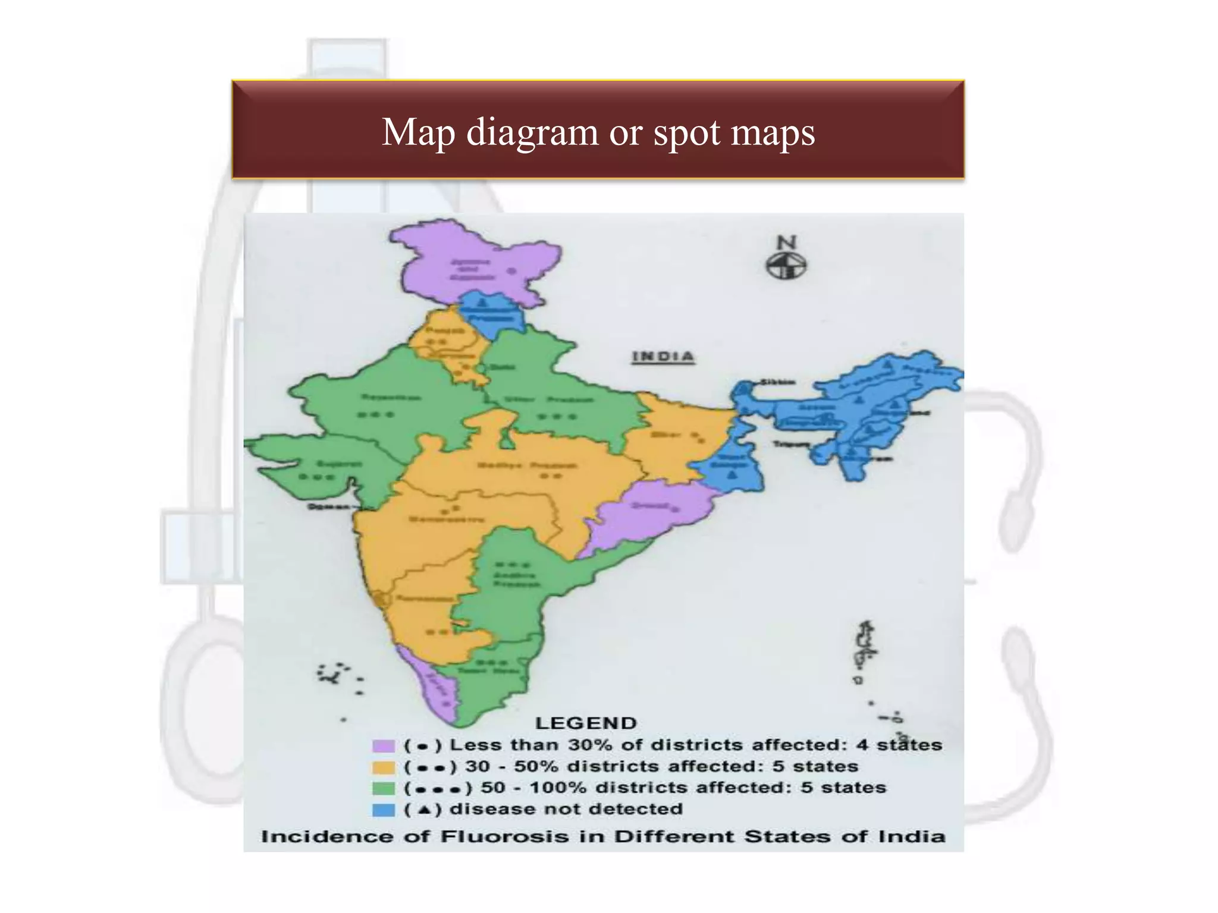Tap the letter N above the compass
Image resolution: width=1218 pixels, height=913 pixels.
tap(786, 243)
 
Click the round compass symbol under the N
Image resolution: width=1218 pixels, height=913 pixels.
tap(786, 266)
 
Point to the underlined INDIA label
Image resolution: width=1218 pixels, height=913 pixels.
tap(663, 357)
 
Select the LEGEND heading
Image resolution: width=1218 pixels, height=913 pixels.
tap(586, 723)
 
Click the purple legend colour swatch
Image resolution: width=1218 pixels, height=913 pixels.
tap(384, 745)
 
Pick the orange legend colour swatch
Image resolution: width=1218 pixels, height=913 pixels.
tap(384, 767)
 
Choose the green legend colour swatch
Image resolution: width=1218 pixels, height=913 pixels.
tap(384, 788)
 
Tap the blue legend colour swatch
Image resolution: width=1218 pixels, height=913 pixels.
tap(384, 810)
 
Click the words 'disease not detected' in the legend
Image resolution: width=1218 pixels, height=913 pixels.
tap(566, 809)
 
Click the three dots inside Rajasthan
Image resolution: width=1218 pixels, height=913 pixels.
tap(375, 414)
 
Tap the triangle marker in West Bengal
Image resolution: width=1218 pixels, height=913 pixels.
tap(732, 474)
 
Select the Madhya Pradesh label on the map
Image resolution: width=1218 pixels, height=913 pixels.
tap(527, 465)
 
